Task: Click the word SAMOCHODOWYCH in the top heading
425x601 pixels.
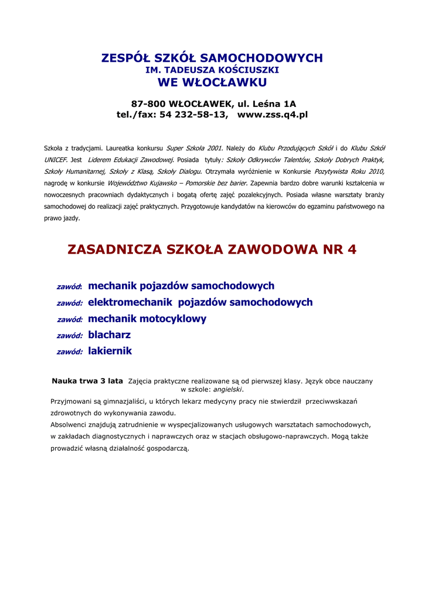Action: point(261,58)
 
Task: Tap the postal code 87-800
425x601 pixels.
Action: point(148,104)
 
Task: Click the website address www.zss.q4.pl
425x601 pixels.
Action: point(272,114)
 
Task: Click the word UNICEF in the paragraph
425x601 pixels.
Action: point(56,160)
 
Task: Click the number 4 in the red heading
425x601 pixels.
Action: point(352,249)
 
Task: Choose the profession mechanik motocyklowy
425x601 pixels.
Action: point(147,319)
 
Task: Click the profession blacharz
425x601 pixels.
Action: point(110,335)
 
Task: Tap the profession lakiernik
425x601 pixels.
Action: point(110,351)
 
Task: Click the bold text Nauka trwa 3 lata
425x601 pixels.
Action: point(87,381)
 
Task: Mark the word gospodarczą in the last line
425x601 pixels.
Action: point(167,448)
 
